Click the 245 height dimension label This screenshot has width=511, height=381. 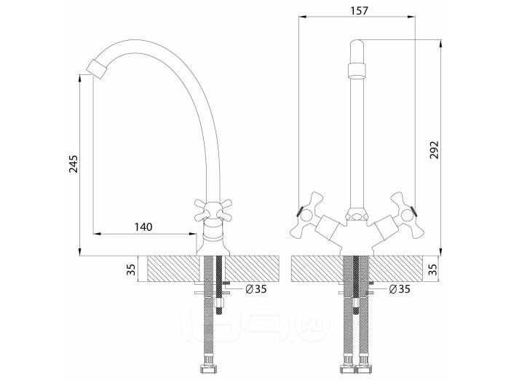coord(74,164)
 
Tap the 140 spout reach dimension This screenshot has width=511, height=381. coord(143,227)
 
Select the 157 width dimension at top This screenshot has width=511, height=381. coord(359,10)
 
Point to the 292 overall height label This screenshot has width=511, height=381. coord(434,150)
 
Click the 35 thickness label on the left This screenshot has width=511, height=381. coord(131,270)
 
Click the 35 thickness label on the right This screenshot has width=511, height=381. coord(433,270)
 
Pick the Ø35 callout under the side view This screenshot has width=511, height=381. coord(256,288)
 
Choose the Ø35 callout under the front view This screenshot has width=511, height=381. coord(400,288)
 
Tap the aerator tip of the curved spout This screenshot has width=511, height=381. coord(96,68)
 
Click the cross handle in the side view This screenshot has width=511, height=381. coord(212,211)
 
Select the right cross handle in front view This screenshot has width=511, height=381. coord(408,216)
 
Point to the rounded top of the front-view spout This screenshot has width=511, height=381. coord(357,44)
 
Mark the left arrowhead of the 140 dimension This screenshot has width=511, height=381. coord(97,234)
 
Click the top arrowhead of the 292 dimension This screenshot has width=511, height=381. coord(440,44)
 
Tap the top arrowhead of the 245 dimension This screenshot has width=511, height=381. coord(80,79)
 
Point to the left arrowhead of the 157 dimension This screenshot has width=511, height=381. coord(303,17)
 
